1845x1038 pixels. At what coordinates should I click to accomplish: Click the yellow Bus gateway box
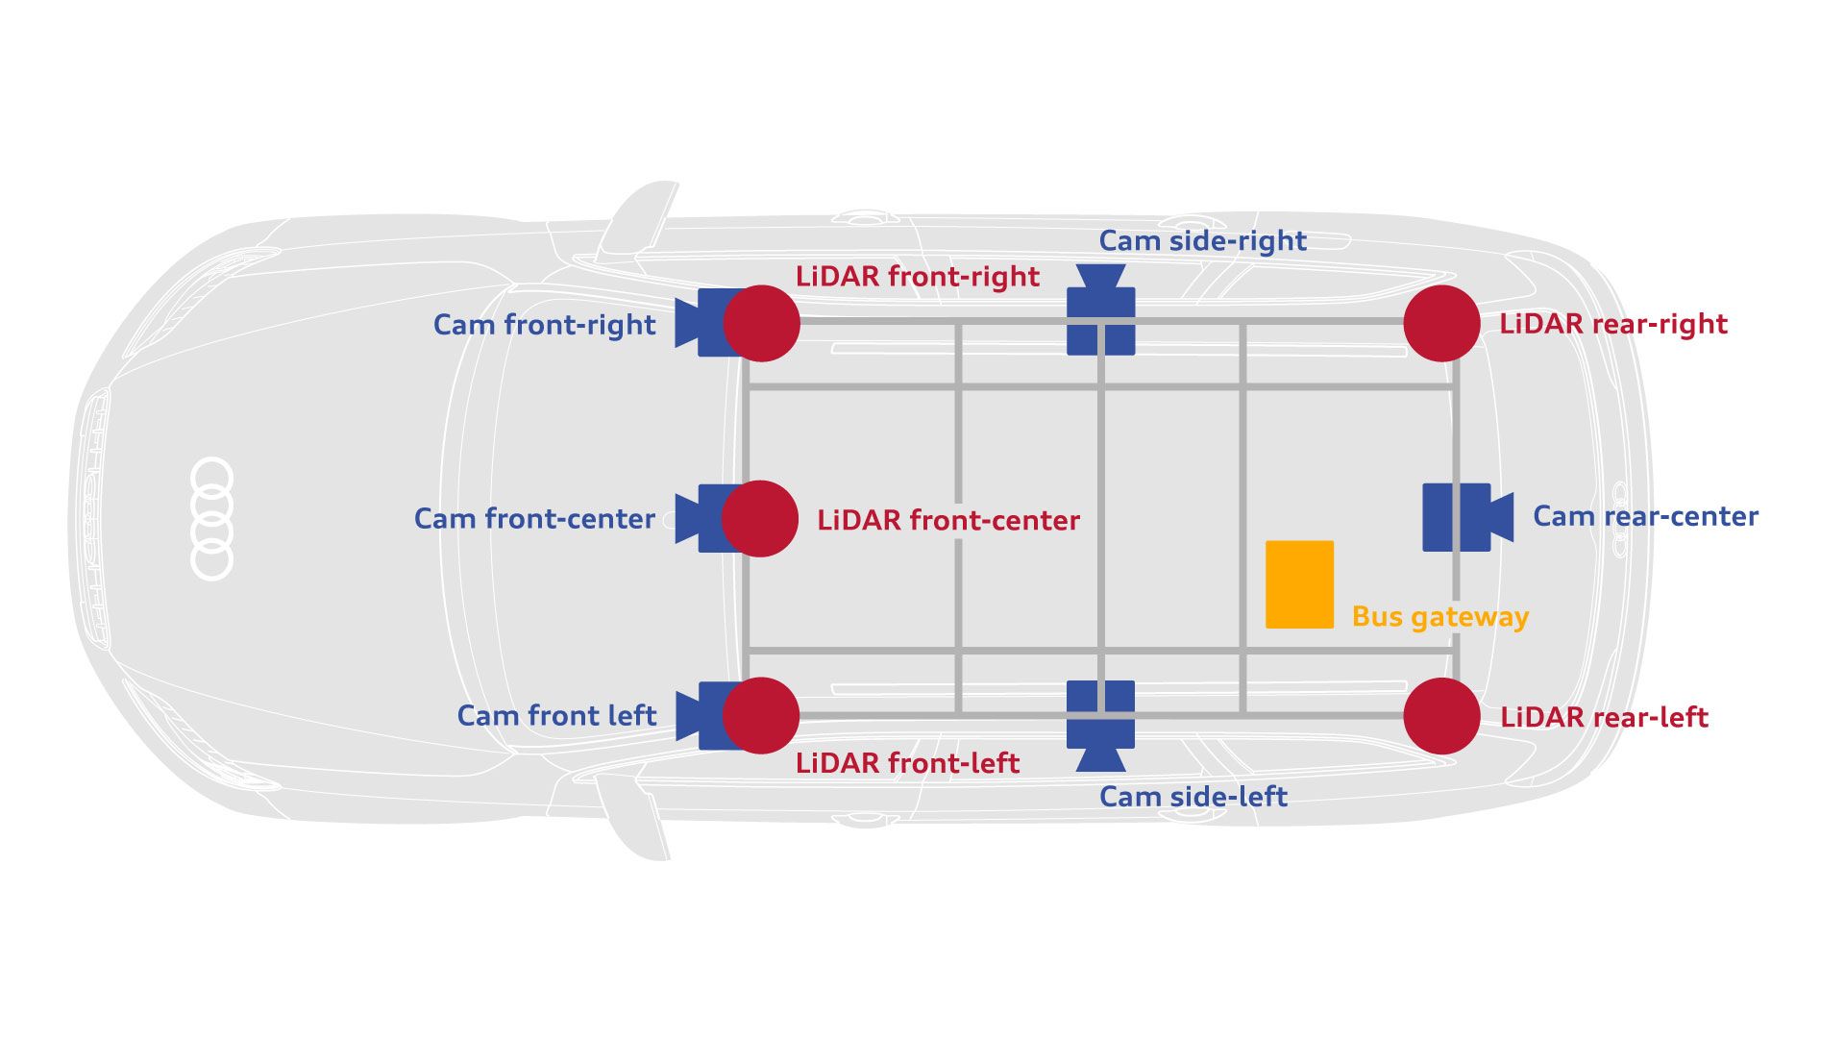coord(1299,584)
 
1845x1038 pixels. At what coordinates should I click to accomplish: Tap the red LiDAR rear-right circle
coord(1441,323)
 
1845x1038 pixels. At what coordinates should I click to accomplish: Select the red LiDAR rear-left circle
coord(1441,716)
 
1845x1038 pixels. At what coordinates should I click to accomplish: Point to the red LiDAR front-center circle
coord(760,519)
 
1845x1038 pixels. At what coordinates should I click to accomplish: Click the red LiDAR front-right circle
coord(761,323)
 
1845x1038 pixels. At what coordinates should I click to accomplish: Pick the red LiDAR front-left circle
coord(761,716)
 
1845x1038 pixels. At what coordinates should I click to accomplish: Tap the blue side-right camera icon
coord(1101,312)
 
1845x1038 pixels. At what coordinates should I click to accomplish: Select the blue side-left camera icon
coord(1101,724)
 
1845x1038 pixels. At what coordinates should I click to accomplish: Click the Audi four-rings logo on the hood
coord(212,519)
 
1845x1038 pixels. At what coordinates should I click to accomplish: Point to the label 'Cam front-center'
coord(534,519)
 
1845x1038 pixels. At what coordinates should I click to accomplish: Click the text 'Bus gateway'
coord(1439,617)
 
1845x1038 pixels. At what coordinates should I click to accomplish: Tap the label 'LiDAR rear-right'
coord(1613,324)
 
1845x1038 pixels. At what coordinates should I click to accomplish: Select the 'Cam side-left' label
coord(1193,797)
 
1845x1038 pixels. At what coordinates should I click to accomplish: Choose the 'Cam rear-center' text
coord(1645,516)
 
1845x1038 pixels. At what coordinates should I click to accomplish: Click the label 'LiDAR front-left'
coord(907,763)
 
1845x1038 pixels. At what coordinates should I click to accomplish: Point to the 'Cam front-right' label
coord(544,325)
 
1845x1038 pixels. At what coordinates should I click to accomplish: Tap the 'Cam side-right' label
coord(1202,240)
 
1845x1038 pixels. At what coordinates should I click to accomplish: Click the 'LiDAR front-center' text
coord(948,521)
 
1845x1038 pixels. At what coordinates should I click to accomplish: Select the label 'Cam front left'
coord(556,716)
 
